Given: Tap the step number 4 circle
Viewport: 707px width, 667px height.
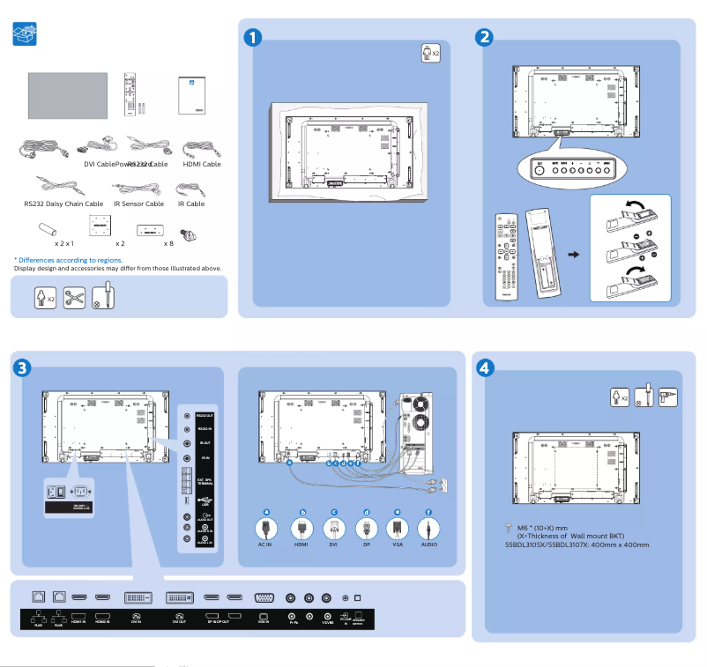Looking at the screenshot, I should click(x=484, y=366).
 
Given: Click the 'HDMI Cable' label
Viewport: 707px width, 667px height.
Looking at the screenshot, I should click(x=202, y=164).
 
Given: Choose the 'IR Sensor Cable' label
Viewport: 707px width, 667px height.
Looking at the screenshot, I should click(x=139, y=204).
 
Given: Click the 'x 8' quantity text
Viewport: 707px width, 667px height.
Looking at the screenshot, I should click(x=168, y=242).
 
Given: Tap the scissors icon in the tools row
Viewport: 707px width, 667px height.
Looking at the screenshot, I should click(x=74, y=297).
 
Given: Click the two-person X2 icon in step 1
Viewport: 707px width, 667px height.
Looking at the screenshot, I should click(x=429, y=53).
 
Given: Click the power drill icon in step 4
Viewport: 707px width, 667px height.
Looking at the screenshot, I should click(x=667, y=396).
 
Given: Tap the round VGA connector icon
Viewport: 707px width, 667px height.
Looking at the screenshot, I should click(x=397, y=529).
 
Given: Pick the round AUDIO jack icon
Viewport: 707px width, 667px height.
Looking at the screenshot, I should click(x=428, y=529).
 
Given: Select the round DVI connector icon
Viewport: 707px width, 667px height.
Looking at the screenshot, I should click(x=333, y=529).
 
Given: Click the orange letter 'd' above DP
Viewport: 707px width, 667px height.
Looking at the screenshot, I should click(x=365, y=512).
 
